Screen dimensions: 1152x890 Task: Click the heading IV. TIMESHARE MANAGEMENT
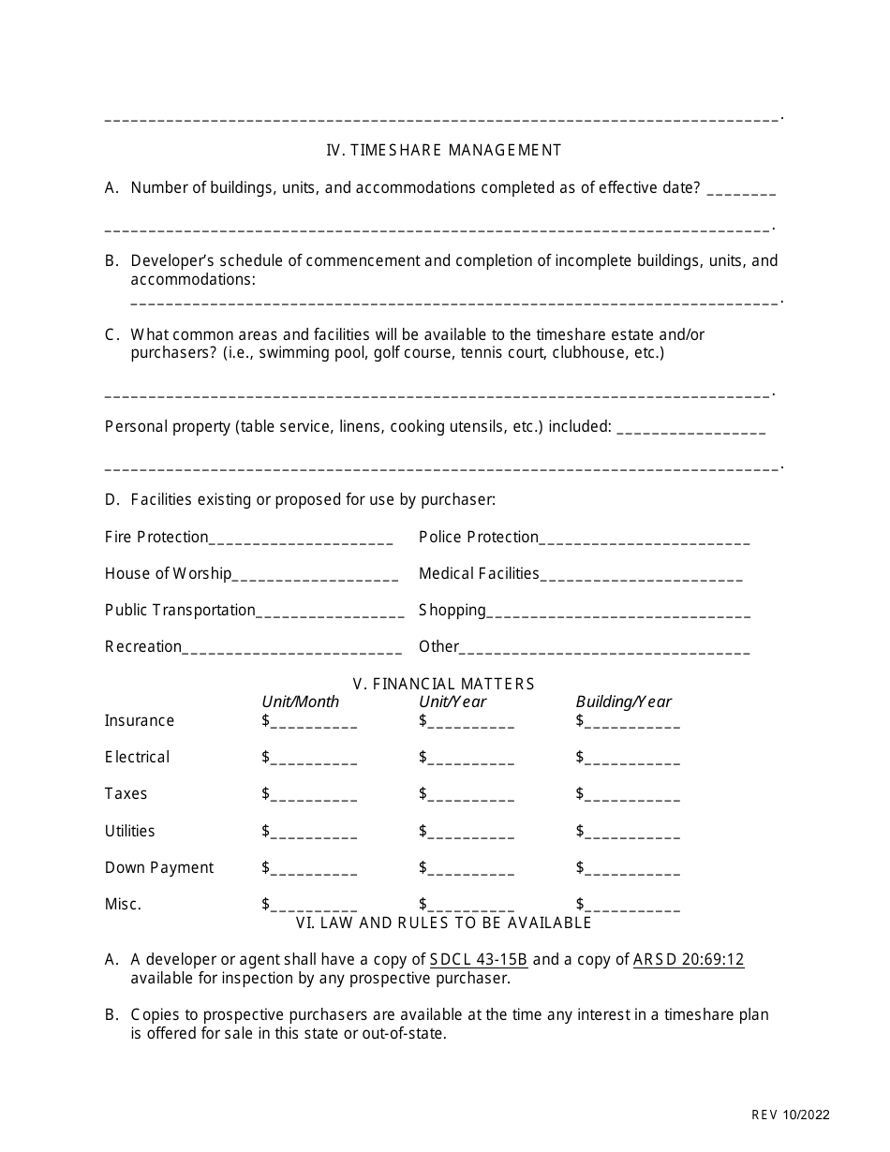443,150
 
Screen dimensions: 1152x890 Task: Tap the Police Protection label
478,537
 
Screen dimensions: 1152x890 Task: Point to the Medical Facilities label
479,573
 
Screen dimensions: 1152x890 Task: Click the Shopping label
452,611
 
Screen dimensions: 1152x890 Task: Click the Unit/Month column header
300,702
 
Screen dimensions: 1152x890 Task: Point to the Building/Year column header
623,702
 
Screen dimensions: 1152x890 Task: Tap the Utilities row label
129,831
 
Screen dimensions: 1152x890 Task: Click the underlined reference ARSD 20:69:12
689,959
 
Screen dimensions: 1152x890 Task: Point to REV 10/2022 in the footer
790,1115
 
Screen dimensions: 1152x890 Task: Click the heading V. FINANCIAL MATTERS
443,684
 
